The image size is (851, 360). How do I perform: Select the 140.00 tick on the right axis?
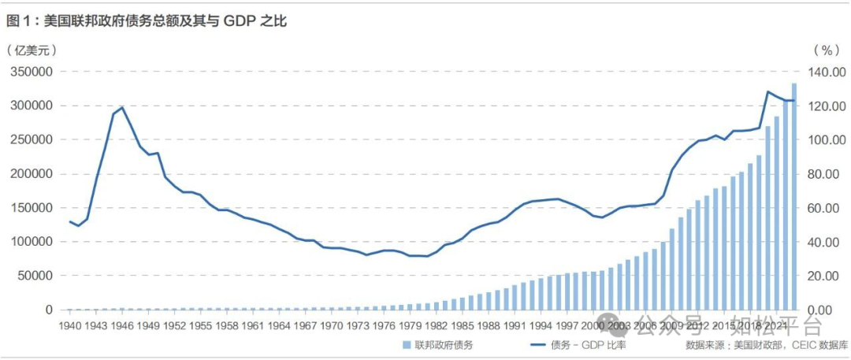pyautogui.click(x=827, y=72)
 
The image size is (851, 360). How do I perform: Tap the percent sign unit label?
pyautogui.click(x=827, y=50)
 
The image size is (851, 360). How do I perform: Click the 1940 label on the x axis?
pyautogui.click(x=71, y=326)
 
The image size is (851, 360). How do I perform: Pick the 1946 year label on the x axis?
pyautogui.click(x=122, y=326)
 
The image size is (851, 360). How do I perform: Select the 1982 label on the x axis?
pyautogui.click(x=433, y=326)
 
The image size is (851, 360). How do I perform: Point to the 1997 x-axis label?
pyautogui.click(x=563, y=326)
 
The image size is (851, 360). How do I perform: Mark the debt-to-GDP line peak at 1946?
pyautogui.click(x=122, y=107)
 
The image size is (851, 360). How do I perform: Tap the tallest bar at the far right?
pyautogui.click(x=794, y=197)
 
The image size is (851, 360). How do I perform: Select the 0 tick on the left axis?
pyautogui.click(x=49, y=310)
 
